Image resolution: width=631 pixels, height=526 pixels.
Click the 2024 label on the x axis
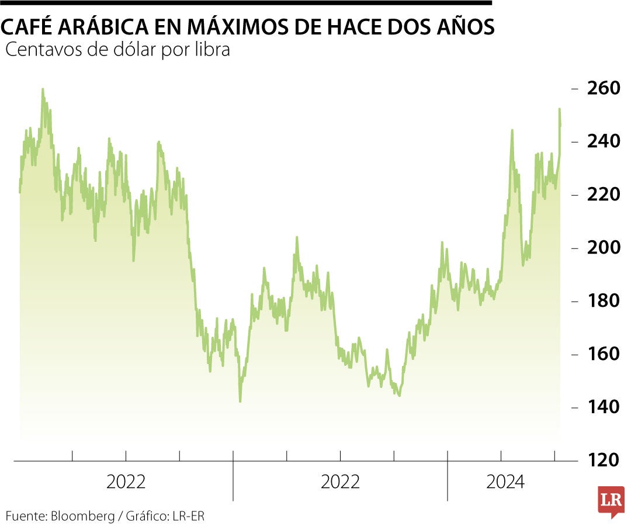pos(506,483)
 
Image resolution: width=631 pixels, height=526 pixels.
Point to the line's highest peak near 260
pos(43,90)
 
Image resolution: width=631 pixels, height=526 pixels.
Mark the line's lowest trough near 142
pos(240,401)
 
